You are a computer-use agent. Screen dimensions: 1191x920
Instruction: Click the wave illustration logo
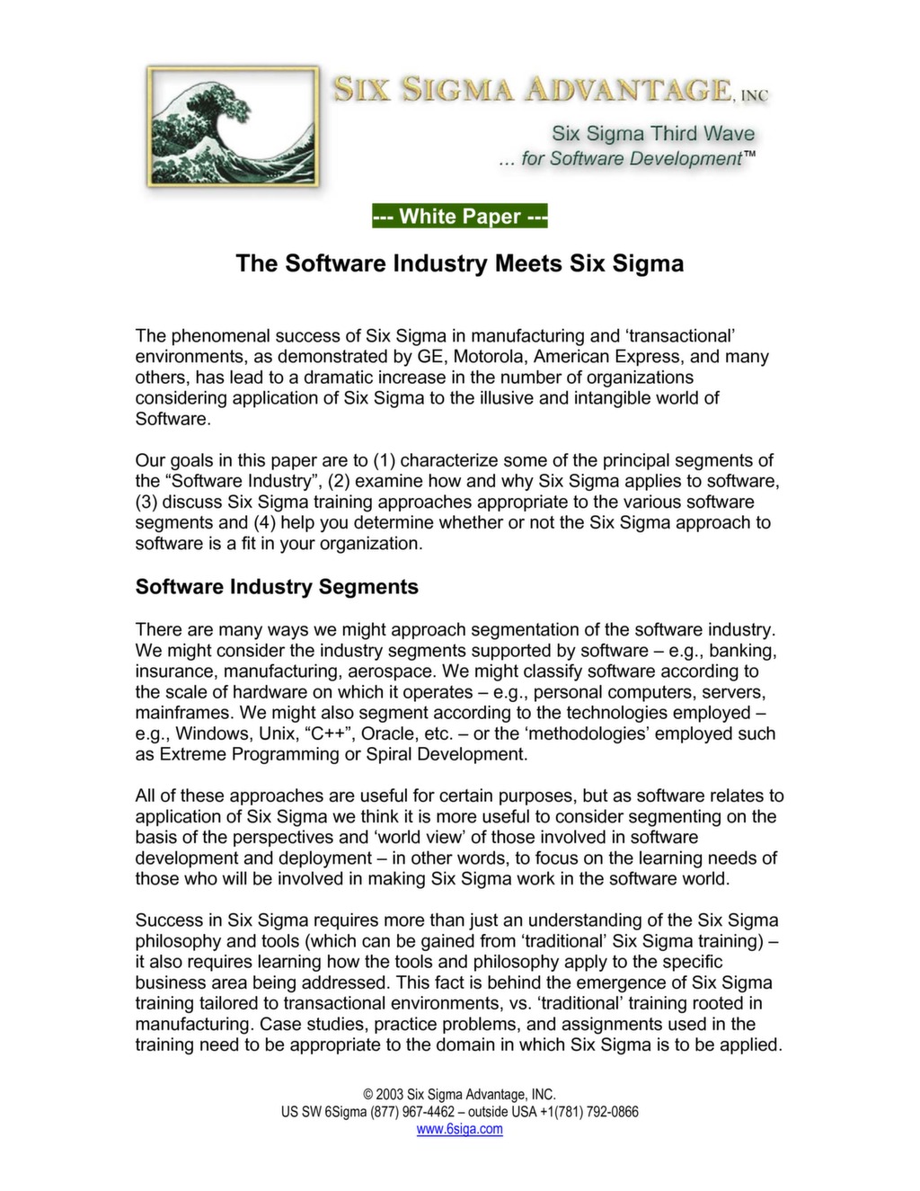(233, 127)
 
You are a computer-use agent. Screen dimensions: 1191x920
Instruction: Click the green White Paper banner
(459, 217)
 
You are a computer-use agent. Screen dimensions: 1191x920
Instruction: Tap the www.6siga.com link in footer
(459, 1129)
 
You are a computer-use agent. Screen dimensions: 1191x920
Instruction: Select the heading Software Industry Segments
(277, 587)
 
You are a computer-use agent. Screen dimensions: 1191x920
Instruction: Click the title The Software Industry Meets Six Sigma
(459, 263)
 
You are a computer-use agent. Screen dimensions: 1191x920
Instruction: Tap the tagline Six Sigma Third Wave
(652, 134)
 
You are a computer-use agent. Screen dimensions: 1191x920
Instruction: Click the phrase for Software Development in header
(632, 159)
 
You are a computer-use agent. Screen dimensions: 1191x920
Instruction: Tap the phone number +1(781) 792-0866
(588, 1112)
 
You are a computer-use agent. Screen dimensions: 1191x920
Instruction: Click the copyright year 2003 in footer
(389, 1095)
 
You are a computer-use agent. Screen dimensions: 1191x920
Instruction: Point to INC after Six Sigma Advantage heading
(754, 95)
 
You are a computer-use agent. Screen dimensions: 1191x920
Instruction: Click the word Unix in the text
(276, 733)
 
